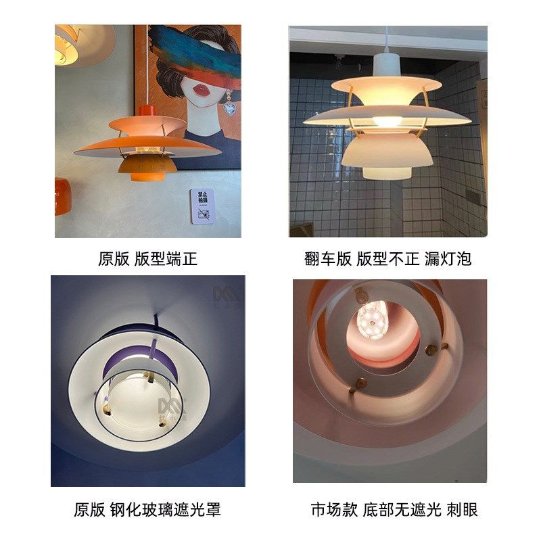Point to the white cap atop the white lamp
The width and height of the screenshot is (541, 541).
[x=386, y=66]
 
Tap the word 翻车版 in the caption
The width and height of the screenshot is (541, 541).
[x=328, y=258]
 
